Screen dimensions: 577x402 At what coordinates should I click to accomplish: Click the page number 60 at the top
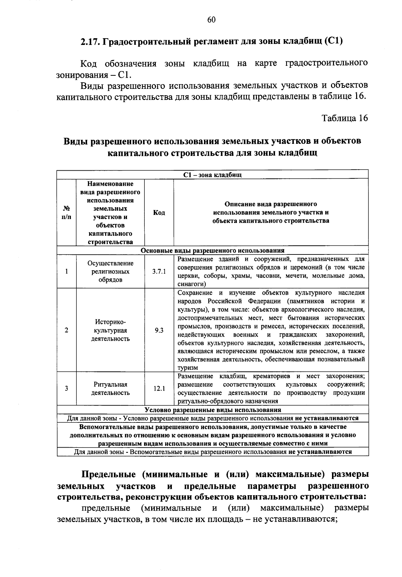click(211, 20)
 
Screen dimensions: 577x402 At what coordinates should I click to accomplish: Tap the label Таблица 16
click(345, 118)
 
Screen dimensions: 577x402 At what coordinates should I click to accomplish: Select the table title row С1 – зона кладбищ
click(212, 175)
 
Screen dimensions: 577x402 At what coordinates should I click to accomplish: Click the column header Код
click(159, 213)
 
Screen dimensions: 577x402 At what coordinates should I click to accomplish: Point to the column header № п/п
click(66, 213)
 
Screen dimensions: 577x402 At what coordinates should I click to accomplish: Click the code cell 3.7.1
click(159, 272)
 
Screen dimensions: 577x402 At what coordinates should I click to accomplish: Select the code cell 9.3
click(159, 330)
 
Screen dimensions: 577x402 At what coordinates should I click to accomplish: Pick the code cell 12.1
click(159, 389)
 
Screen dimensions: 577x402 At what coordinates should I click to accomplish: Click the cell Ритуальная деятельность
click(111, 389)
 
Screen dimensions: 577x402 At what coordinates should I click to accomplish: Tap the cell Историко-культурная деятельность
click(111, 330)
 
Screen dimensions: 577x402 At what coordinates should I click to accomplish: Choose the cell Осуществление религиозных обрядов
click(111, 272)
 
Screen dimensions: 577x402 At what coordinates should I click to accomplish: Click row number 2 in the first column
click(67, 330)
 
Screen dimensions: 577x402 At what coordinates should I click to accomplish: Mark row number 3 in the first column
click(67, 389)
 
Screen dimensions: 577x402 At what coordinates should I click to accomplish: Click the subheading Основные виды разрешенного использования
click(212, 250)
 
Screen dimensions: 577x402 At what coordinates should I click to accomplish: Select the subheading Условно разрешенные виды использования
click(212, 410)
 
